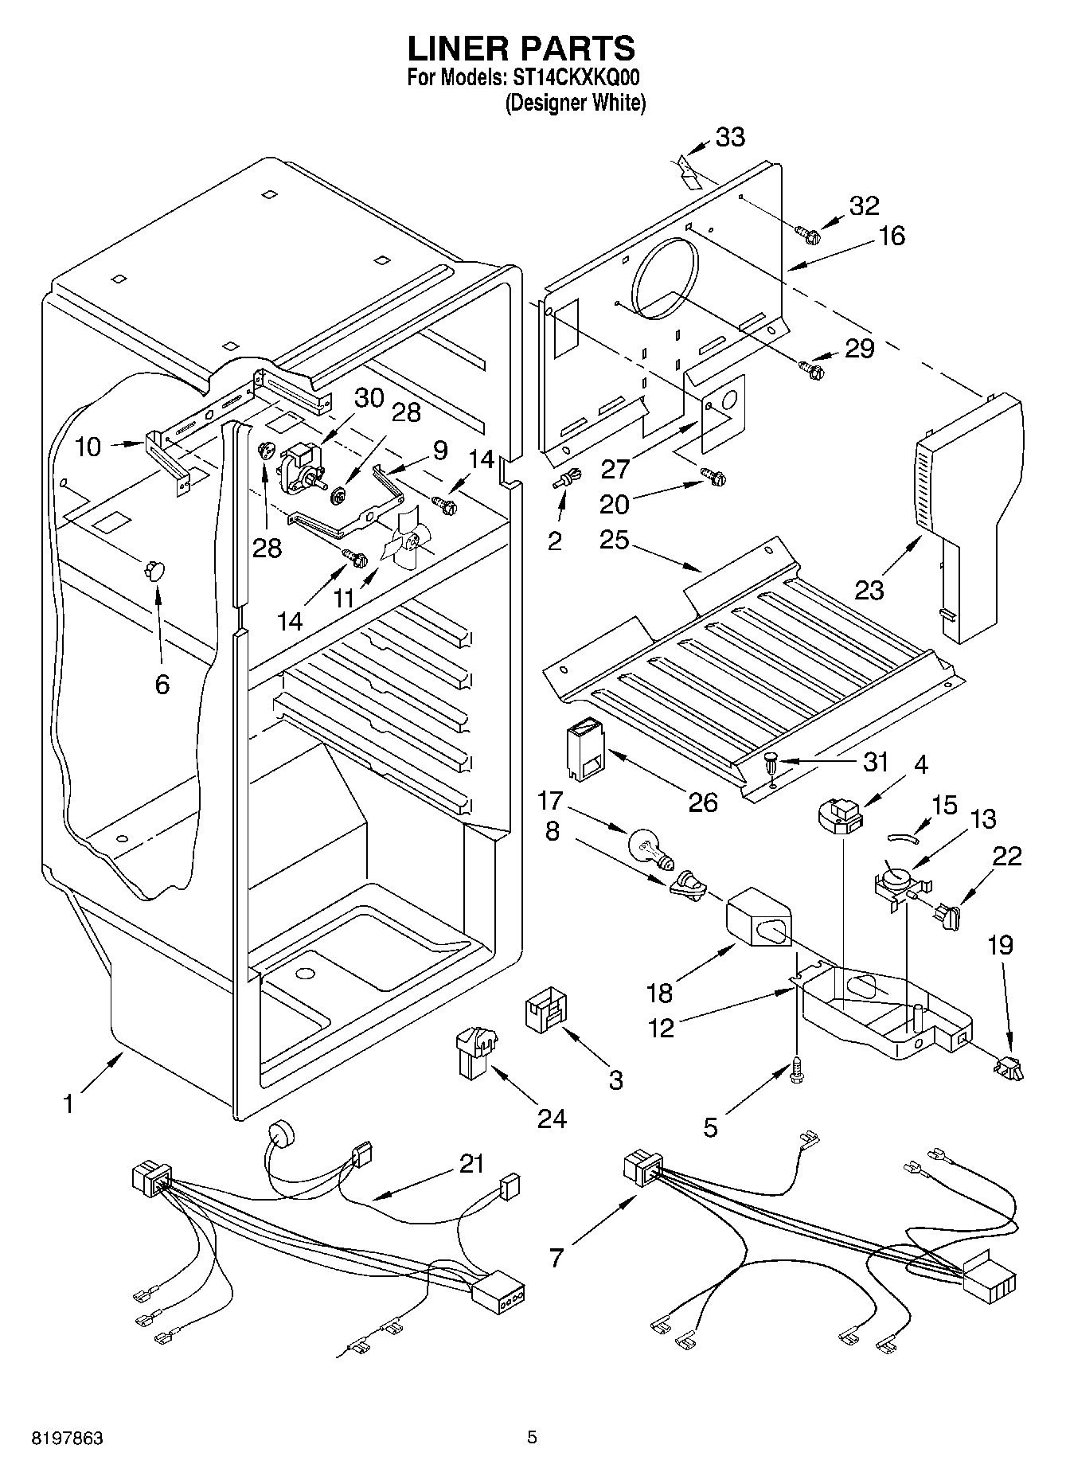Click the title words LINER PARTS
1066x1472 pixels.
[521, 49]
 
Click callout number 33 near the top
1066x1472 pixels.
[730, 137]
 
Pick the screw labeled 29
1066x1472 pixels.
[811, 369]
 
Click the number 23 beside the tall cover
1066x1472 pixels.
[869, 591]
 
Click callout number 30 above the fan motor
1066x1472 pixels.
[369, 398]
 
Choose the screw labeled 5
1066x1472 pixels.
[796, 1072]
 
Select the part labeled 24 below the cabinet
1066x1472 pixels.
[474, 1052]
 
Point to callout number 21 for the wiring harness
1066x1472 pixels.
[471, 1164]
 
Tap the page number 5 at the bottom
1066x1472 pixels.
[532, 1438]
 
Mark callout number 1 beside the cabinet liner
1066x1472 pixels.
[68, 1105]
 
